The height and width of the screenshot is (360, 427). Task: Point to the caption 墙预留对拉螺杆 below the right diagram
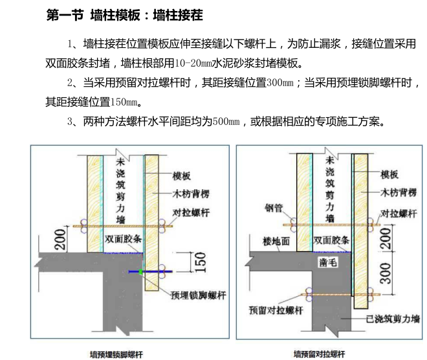click(320, 354)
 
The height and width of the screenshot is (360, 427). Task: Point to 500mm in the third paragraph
click(226, 121)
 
